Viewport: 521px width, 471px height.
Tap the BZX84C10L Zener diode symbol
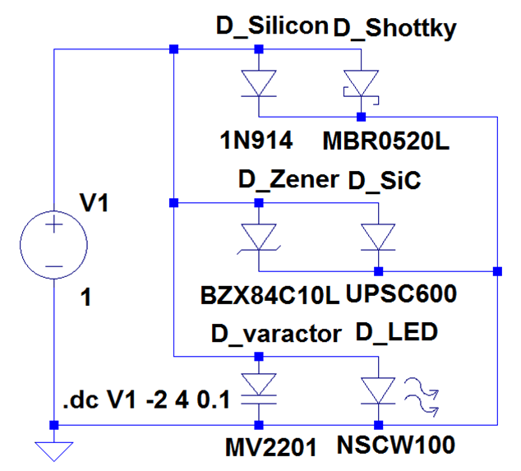tap(259, 237)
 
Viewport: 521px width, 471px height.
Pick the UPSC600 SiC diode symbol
tap(379, 237)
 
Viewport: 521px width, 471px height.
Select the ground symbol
tap(53, 450)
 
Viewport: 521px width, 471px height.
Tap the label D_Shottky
tap(394, 28)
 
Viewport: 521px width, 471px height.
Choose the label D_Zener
tap(288, 180)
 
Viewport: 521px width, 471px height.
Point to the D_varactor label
tap(275, 334)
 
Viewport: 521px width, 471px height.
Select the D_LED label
tap(398, 334)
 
